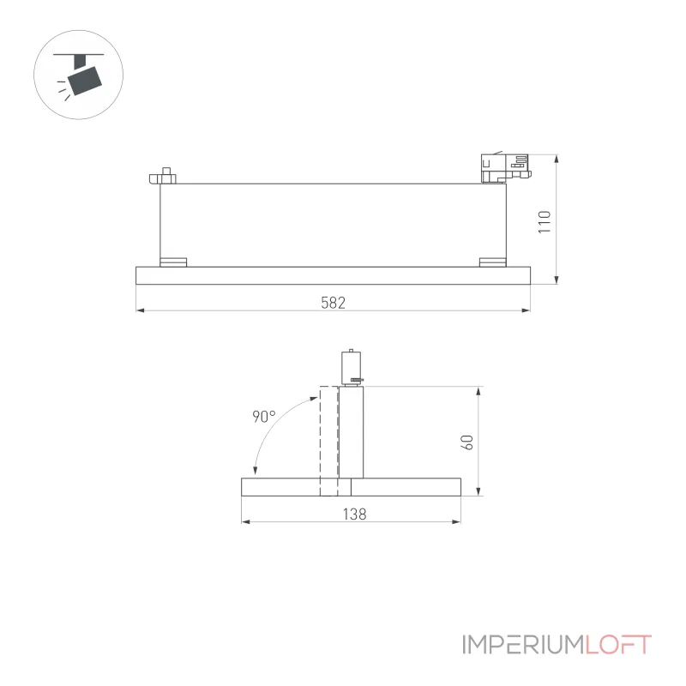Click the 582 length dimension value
coord(333,303)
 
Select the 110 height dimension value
coord(545,222)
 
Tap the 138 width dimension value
coord(354,514)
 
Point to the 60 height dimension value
coord(466,442)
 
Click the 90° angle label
coord(264,416)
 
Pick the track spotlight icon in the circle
coord(79,75)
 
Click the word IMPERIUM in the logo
coord(523,645)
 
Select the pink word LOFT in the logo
coord(618,645)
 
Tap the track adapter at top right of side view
coord(506,167)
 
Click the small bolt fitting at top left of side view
coord(163,176)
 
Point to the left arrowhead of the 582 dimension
coord(141,310)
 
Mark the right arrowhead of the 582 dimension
coord(526,310)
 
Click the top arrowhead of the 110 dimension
coord(557,159)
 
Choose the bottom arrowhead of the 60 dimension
coord(478,490)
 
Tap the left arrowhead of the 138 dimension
coord(246,521)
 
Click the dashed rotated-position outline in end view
coord(329,441)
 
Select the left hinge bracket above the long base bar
coord(173,262)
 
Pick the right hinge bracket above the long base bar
coord(492,262)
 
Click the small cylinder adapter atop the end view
coord(352,368)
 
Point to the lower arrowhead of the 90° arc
coord(255,471)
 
